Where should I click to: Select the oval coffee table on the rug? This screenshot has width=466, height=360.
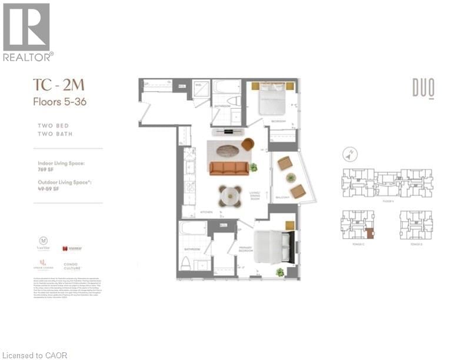(x=228, y=150)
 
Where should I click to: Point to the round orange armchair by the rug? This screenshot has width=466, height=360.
(x=248, y=144)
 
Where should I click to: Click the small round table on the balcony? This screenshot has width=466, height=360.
(x=289, y=177)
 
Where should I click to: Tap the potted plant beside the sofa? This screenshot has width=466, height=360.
(x=254, y=167)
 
